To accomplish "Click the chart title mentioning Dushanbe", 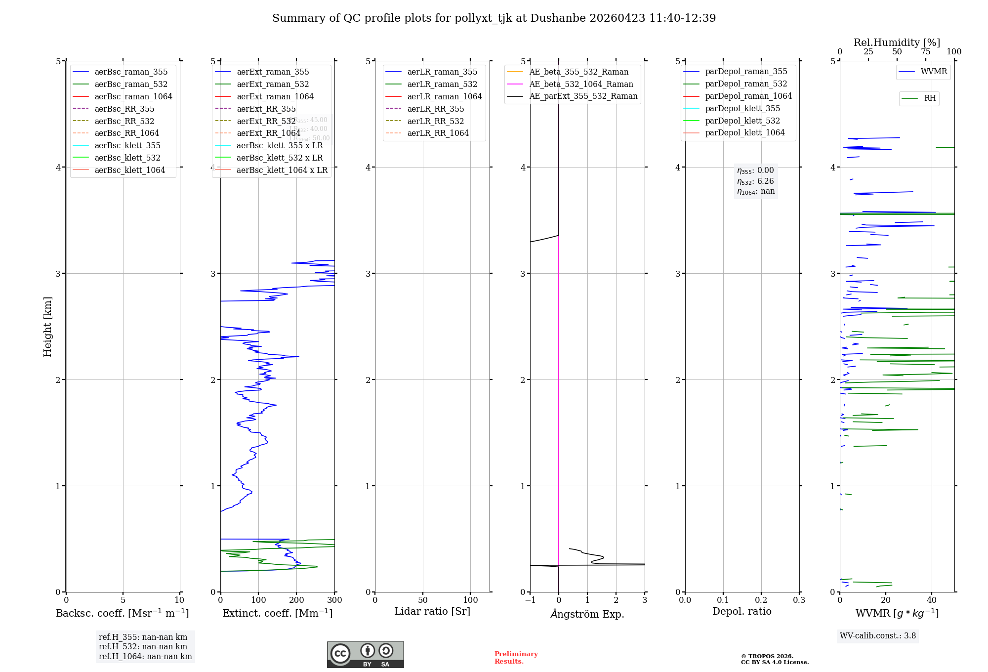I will point(494,18).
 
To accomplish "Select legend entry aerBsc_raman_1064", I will point(133,96).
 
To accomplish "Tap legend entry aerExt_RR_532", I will point(266,121).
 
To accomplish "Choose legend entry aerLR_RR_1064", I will point(438,133).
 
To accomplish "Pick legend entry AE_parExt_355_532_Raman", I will point(583,96).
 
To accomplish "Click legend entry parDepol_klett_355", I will point(742,108).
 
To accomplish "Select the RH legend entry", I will point(929,98).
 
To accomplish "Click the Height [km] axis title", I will point(47,327).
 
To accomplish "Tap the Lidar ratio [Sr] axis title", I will point(432,611).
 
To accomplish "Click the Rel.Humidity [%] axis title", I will point(897,42).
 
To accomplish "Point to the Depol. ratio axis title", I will point(741,611).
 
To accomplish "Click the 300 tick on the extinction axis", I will point(335,600).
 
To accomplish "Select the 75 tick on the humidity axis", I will point(926,52).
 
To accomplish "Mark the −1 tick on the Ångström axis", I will point(530,600).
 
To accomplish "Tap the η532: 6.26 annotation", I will point(755,181).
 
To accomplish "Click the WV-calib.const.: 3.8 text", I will point(877,636).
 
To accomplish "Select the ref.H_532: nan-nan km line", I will point(143,646).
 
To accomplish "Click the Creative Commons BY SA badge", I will point(365,654).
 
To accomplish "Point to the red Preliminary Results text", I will point(516,658).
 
